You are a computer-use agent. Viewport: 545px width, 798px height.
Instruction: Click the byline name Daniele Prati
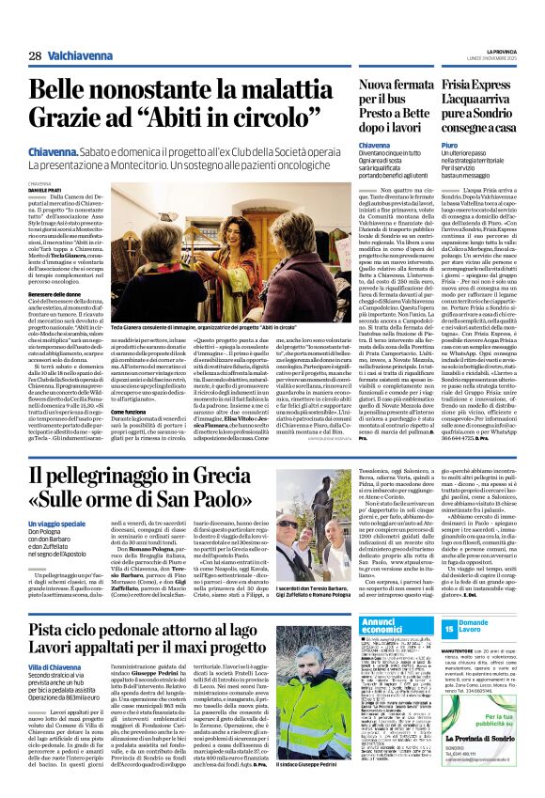(x=44, y=165)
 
